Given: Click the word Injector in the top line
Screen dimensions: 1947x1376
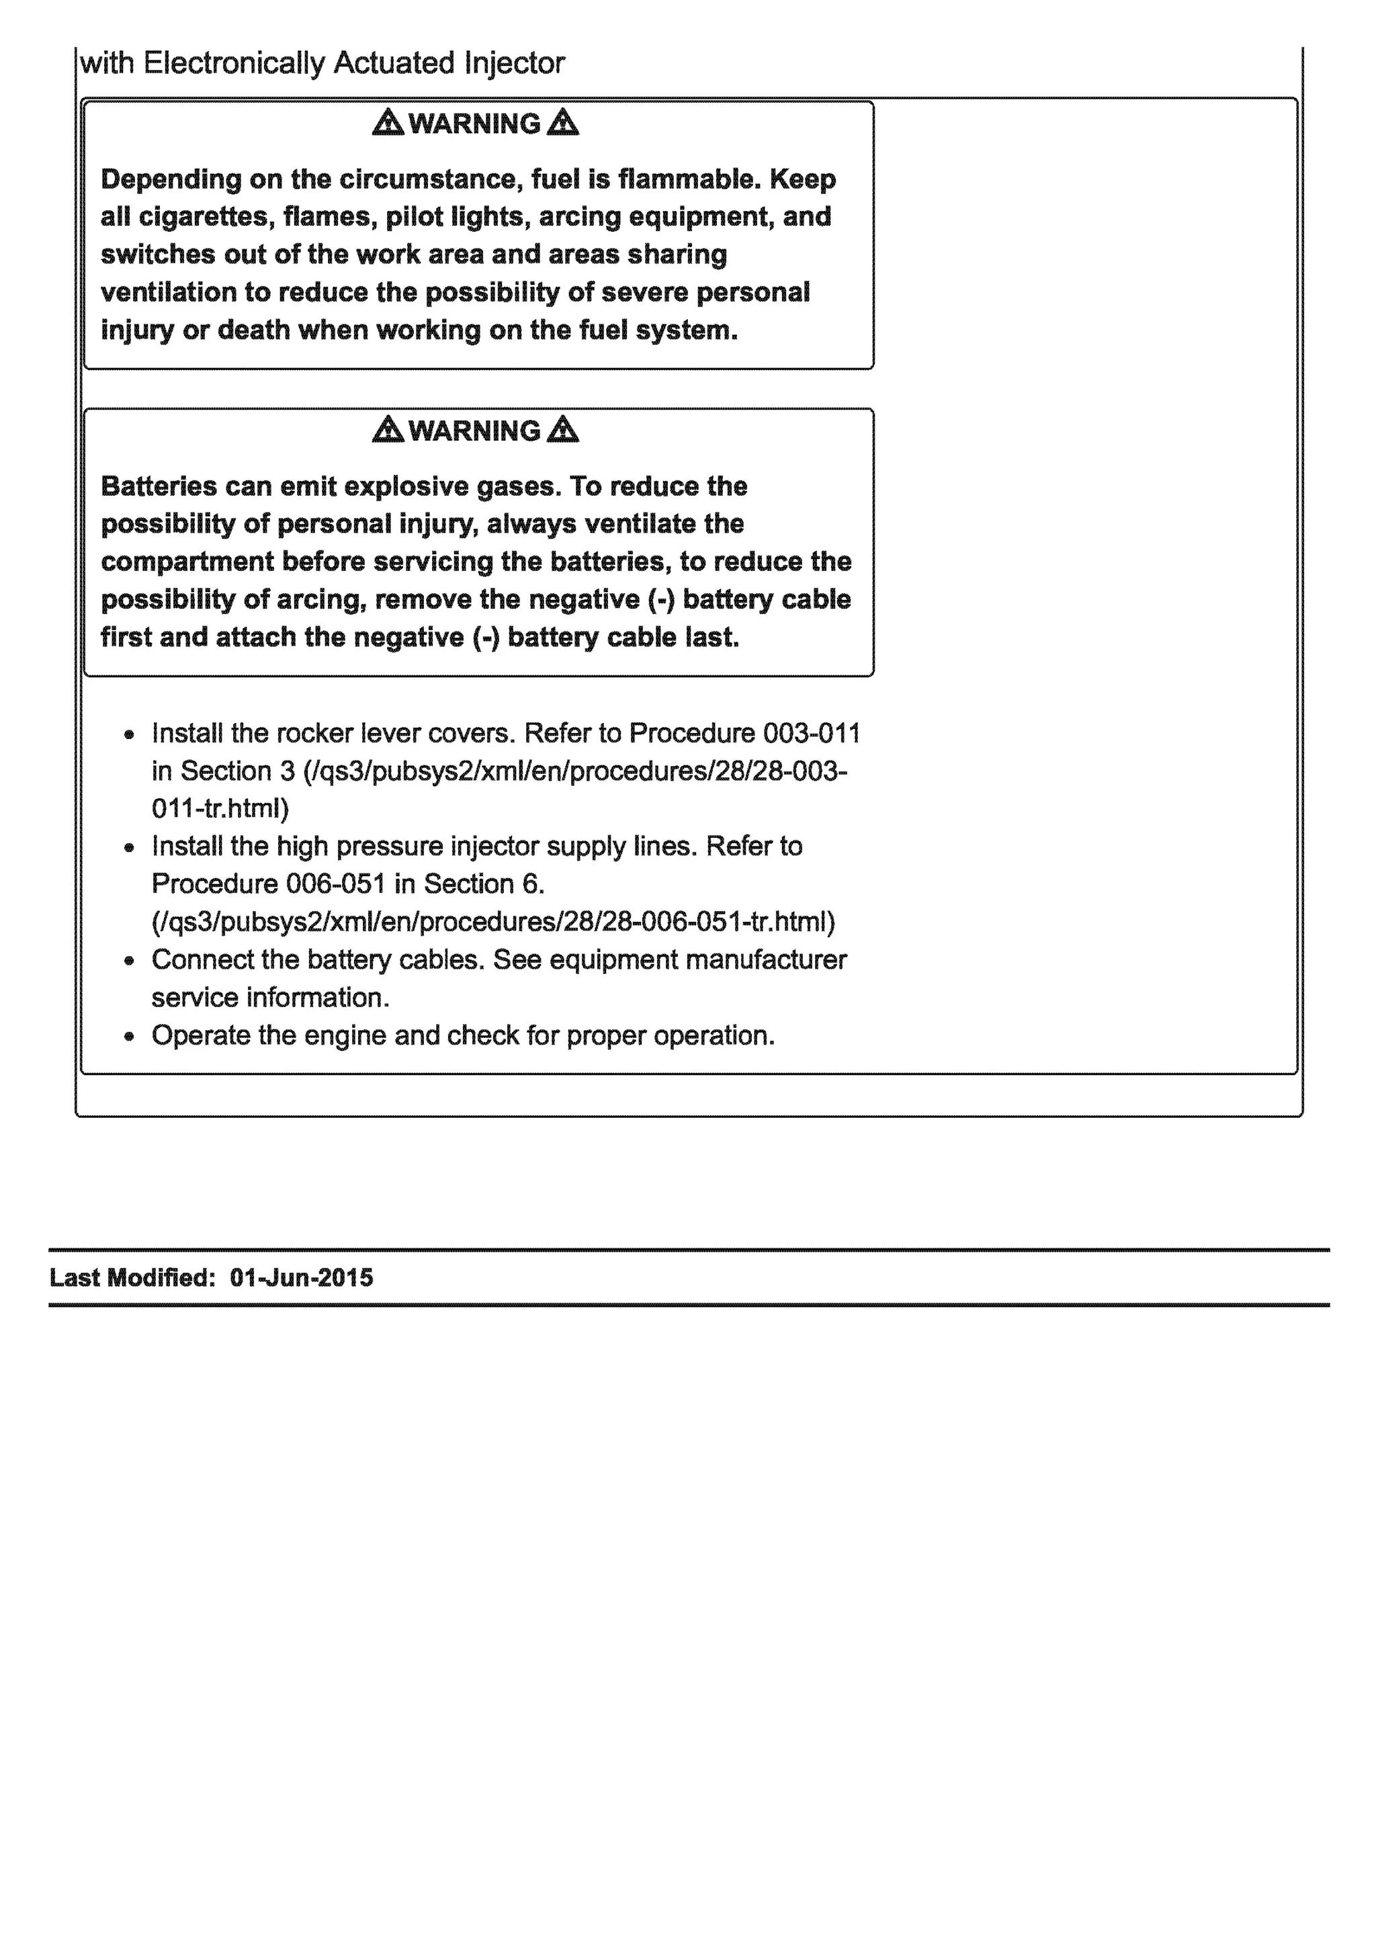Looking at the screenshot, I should (x=514, y=62).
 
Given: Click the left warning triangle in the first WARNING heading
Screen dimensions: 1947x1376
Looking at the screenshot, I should (x=388, y=123).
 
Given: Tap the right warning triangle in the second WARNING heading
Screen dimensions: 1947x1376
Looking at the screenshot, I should (x=563, y=430).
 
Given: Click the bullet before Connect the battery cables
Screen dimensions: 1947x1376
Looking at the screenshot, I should (x=129, y=961).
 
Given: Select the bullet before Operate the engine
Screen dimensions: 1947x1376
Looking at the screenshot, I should (x=129, y=1036).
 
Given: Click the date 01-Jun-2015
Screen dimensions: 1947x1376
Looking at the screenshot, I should (x=301, y=1278).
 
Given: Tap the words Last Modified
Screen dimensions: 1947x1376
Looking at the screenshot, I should (x=132, y=1278).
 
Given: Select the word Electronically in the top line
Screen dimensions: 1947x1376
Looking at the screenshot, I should (x=234, y=62).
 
